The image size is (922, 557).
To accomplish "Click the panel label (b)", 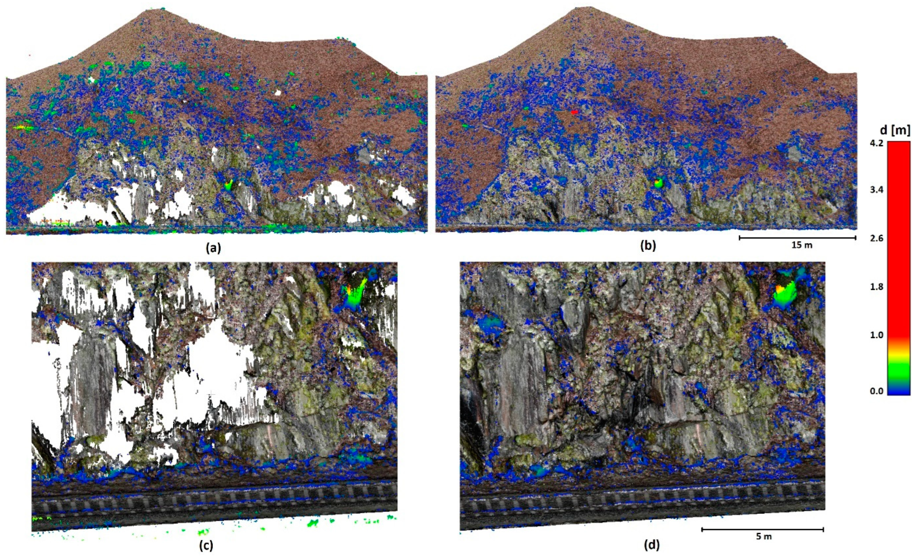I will click(x=648, y=246).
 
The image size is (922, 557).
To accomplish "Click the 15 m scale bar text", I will click(x=802, y=246).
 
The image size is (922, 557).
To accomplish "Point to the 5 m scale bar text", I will click(x=764, y=536).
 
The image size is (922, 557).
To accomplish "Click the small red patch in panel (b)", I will click(x=574, y=112).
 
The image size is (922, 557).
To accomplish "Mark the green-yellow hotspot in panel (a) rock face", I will click(x=229, y=185).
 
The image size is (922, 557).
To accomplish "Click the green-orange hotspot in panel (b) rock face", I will click(x=658, y=183).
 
